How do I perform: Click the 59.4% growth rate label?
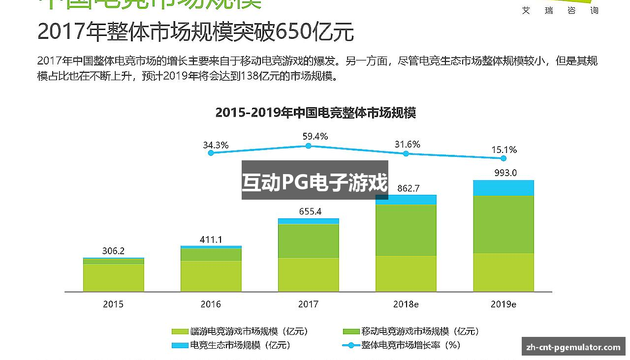click(x=315, y=136)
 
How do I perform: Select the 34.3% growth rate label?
click(x=216, y=145)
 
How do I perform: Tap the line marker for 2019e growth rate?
click(x=503, y=158)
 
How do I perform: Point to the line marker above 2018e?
click(x=406, y=153)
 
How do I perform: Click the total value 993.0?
click(x=505, y=173)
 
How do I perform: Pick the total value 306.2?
click(x=113, y=251)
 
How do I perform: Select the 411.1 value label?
click(x=211, y=240)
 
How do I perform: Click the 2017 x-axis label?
click(x=308, y=304)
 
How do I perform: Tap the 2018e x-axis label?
click(x=406, y=304)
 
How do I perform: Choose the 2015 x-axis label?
click(x=113, y=304)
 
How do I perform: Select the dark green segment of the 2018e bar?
click(x=406, y=230)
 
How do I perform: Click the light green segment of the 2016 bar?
click(x=211, y=275)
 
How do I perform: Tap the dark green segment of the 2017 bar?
click(x=308, y=240)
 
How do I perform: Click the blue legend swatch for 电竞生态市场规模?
click(x=180, y=345)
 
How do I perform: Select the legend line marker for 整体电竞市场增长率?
click(x=351, y=345)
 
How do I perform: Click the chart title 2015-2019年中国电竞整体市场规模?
click(x=315, y=113)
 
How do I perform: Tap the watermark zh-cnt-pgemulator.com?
click(x=573, y=347)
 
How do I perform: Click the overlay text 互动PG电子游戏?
click(x=315, y=182)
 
